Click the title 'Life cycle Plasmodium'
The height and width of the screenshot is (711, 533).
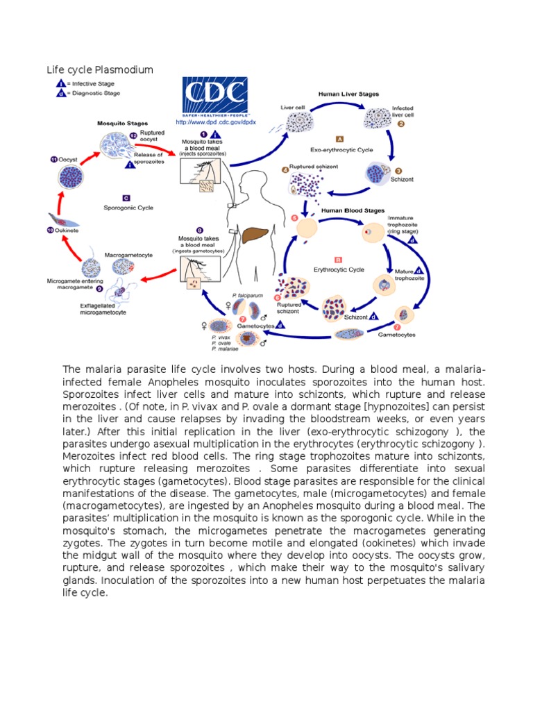99,70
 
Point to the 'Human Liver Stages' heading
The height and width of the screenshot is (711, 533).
349,92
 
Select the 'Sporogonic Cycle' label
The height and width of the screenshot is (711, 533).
128,208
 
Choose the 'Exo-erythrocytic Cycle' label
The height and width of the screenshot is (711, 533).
341,149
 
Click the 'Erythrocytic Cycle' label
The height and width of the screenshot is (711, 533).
339,268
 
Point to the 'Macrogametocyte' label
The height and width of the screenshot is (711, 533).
128,255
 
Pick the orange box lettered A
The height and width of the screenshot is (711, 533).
339,138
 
